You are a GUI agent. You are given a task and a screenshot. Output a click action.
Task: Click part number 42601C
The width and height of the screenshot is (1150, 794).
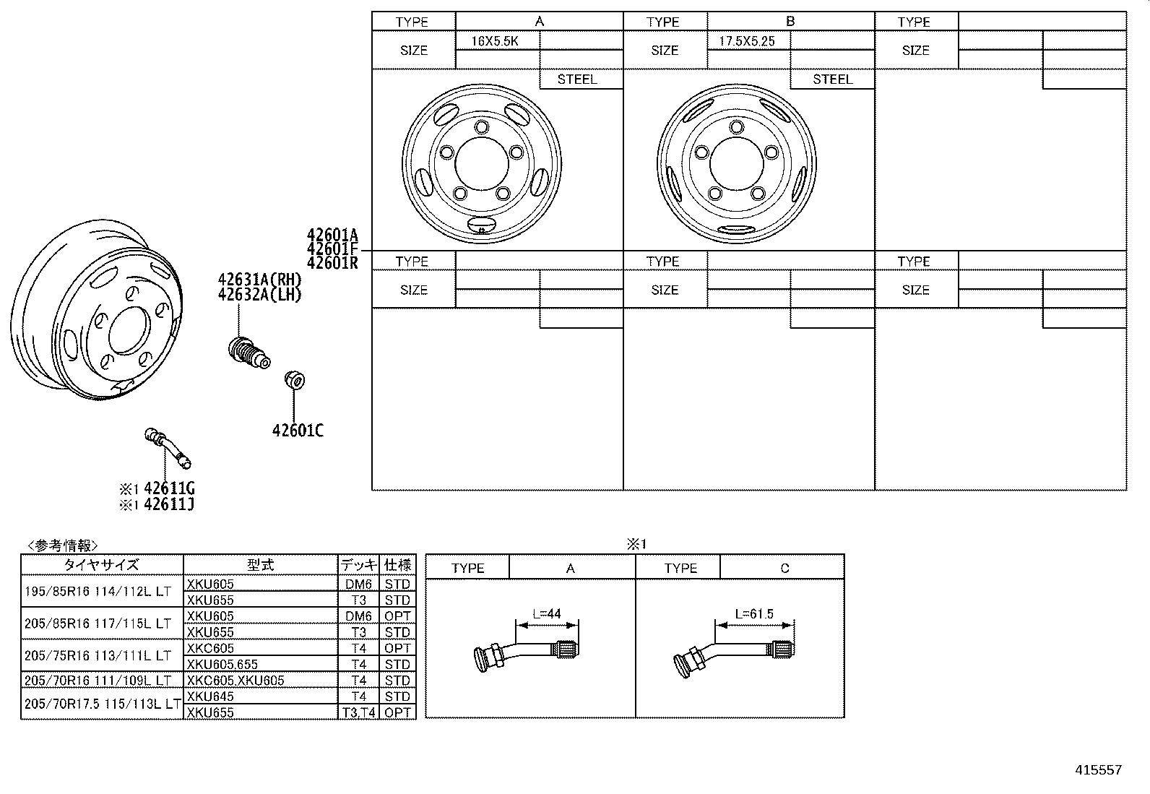[x=298, y=431]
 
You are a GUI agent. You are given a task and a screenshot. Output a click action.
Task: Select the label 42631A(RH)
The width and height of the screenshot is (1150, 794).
[x=259, y=280]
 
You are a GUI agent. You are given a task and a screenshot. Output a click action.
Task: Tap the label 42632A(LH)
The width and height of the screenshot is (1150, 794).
[x=259, y=295]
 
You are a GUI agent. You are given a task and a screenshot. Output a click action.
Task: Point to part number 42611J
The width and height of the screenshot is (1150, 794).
[x=169, y=505]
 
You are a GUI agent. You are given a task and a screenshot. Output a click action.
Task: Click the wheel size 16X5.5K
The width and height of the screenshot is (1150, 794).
[x=495, y=41]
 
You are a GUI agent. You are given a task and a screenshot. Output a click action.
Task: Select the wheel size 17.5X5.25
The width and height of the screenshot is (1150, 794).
[x=747, y=41]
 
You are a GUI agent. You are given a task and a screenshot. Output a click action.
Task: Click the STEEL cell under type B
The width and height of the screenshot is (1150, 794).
[x=832, y=79]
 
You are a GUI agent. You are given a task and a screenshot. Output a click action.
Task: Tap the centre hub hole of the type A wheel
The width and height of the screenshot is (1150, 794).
[x=481, y=162]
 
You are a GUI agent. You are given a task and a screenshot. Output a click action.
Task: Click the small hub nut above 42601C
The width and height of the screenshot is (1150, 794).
[x=295, y=379]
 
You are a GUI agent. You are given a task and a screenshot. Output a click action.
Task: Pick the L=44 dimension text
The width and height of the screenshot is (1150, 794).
[x=547, y=614]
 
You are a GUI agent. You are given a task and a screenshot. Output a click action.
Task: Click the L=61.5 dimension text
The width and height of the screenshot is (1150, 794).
[x=753, y=614]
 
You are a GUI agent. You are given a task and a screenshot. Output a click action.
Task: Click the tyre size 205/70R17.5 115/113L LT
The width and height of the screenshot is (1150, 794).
[x=102, y=704]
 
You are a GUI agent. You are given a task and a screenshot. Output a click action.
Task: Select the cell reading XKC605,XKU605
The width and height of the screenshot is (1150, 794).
[x=235, y=680]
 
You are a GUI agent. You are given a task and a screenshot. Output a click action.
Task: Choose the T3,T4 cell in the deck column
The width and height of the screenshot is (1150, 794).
[x=358, y=712]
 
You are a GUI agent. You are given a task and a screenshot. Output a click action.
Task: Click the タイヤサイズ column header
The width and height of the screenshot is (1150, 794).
[x=101, y=565]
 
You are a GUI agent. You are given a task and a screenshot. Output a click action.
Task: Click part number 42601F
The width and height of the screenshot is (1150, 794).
[x=332, y=249]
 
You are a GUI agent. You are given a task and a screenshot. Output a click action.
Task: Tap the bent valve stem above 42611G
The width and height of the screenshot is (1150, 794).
[x=168, y=447]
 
